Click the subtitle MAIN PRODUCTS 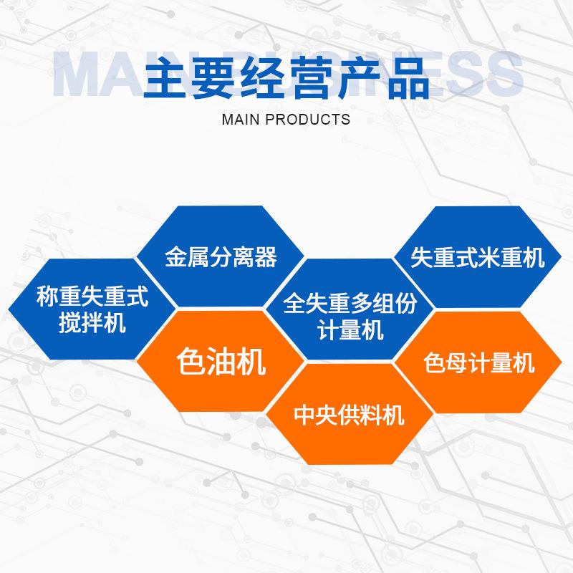286,119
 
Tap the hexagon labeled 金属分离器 221,257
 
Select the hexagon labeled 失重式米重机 478,257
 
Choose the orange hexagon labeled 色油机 221,362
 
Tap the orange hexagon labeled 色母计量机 478,362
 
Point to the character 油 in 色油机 221,362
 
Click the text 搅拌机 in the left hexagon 92,323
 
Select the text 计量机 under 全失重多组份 349,331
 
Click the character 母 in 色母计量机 456,362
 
